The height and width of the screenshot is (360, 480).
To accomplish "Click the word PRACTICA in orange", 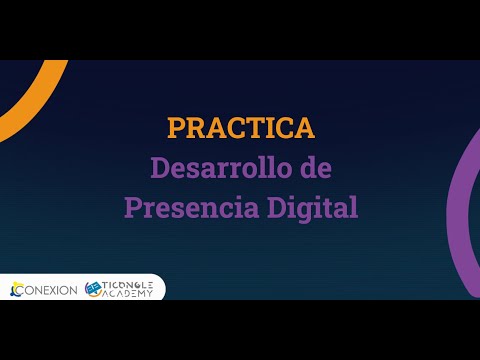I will coord(240,128).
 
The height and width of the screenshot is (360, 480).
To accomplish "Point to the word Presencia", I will coord(183,208).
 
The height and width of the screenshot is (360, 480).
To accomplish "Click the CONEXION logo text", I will coord(50,290).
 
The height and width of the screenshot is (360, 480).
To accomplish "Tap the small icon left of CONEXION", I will coord(14,290).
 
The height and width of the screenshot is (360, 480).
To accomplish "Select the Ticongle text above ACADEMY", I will coord(129,284).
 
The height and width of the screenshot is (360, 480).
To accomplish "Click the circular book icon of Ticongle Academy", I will coord(95,289).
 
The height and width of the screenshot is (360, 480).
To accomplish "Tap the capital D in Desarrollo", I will coord(160,168).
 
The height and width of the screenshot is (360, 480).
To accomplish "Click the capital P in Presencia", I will coord(132,208).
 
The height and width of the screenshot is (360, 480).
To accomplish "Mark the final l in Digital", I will coord(352,207).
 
